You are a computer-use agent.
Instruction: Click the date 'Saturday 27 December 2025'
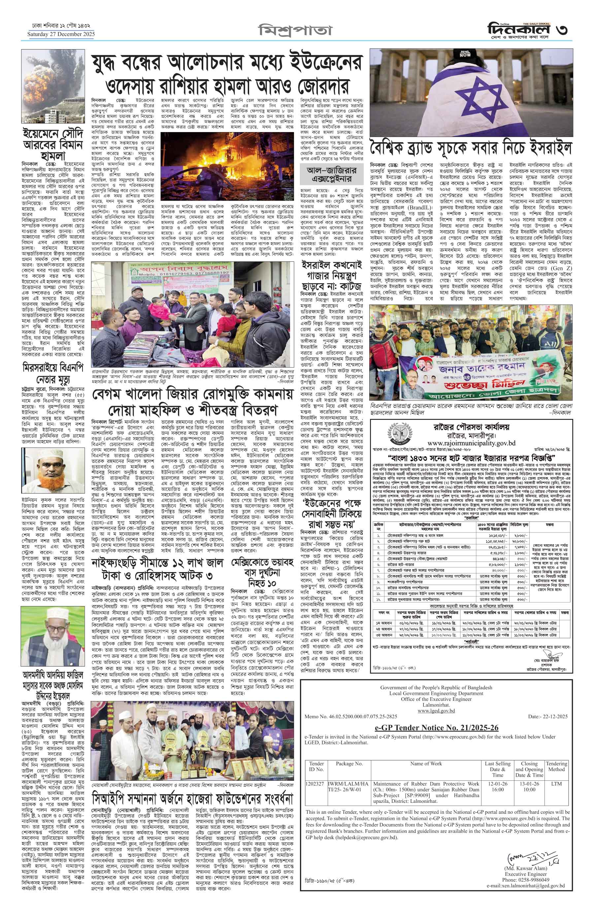click(61, 34)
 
